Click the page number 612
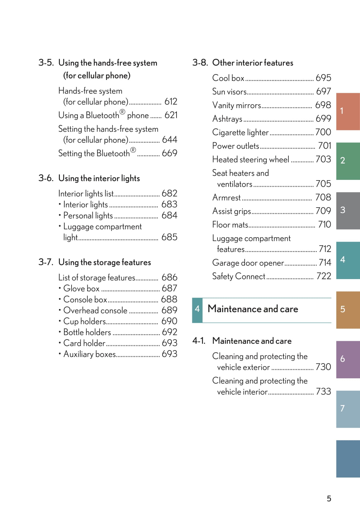point(171,101)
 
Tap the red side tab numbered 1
point(348,111)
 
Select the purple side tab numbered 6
point(348,359)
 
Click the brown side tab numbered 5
point(348,310)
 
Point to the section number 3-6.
point(46,178)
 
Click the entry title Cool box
point(228,78)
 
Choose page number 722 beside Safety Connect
point(323,276)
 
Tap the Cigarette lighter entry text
point(240,132)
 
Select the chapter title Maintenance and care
point(253,309)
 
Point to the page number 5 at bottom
point(329,499)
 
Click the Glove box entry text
point(81,289)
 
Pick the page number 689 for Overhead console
point(169,310)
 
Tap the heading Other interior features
point(253,63)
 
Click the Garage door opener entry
point(248,263)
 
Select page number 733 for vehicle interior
point(323,392)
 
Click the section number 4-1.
point(199,341)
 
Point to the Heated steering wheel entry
point(251,160)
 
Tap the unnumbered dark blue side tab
point(348,459)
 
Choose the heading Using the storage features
point(104,262)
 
